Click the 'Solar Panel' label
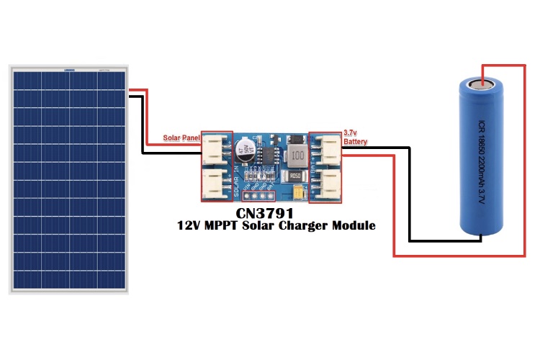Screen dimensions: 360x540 click(x=180, y=138)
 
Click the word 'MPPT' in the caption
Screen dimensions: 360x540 click(x=228, y=225)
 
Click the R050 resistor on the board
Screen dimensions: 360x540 click(x=294, y=176)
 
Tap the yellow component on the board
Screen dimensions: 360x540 click(x=300, y=193)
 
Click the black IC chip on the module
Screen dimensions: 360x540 click(x=268, y=154)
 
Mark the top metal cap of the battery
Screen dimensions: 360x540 click(x=482, y=84)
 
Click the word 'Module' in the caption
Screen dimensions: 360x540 click(x=352, y=225)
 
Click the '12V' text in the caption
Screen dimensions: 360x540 click(x=190, y=225)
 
